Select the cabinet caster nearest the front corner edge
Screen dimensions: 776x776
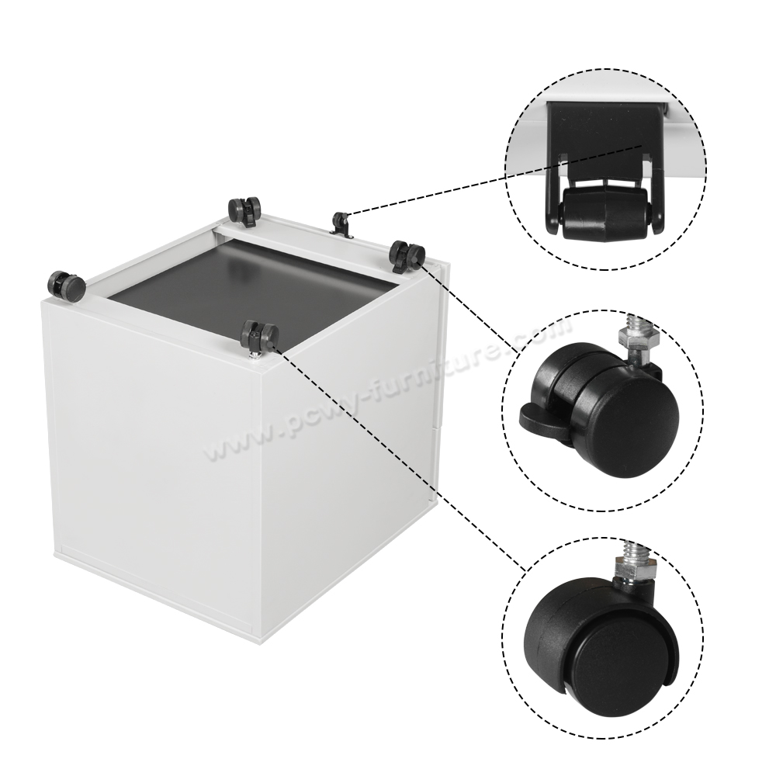[259, 337]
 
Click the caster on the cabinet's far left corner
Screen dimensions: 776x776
[66, 286]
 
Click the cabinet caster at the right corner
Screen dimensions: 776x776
[407, 255]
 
